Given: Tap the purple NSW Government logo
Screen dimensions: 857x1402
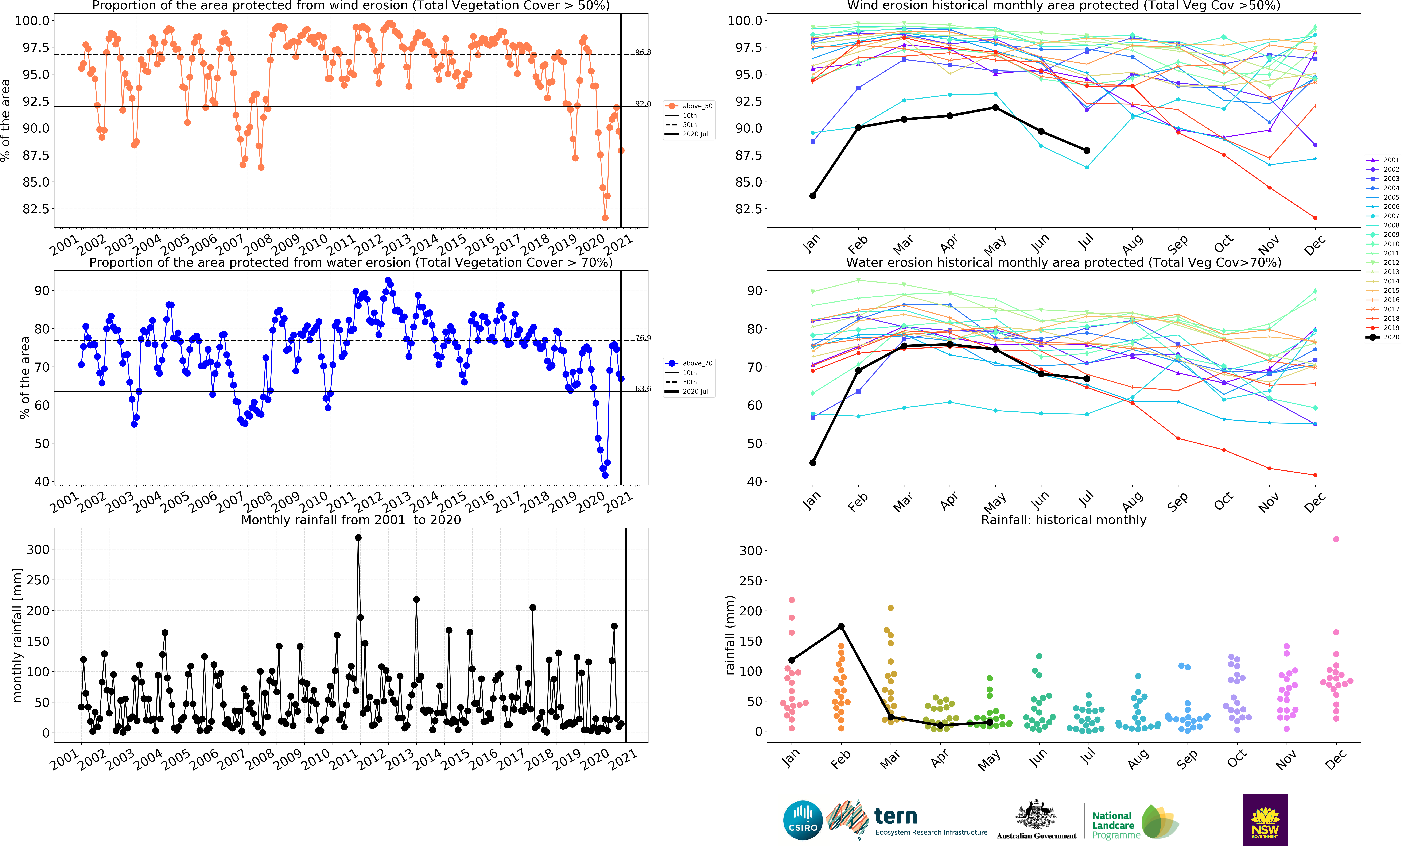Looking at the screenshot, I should coord(1265,820).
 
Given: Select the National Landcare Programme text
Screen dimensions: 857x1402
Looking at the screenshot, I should coord(1115,825).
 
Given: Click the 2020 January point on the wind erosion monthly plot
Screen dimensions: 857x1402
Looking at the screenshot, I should coord(812,196).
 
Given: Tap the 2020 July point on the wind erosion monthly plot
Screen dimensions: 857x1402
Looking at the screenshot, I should coord(1087,150).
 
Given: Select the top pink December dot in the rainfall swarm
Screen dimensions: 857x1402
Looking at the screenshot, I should coord(1336,539).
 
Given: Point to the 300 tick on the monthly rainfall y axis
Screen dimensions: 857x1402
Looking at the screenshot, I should coord(38,550).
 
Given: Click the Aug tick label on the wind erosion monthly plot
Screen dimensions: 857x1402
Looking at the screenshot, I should coord(1132,244).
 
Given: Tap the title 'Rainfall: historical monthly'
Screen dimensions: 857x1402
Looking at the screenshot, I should coord(1063,520).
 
